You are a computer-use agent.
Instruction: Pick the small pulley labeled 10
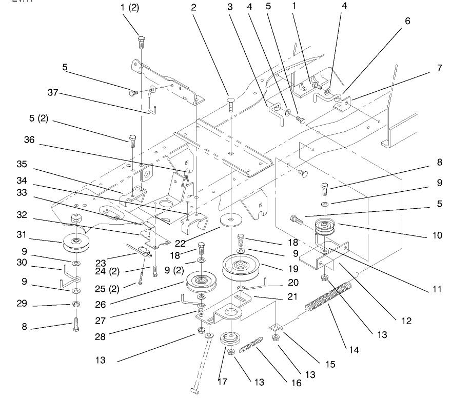tap(325, 226)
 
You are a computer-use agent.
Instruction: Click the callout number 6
tap(407, 21)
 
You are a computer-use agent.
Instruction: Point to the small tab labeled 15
tap(277, 327)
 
